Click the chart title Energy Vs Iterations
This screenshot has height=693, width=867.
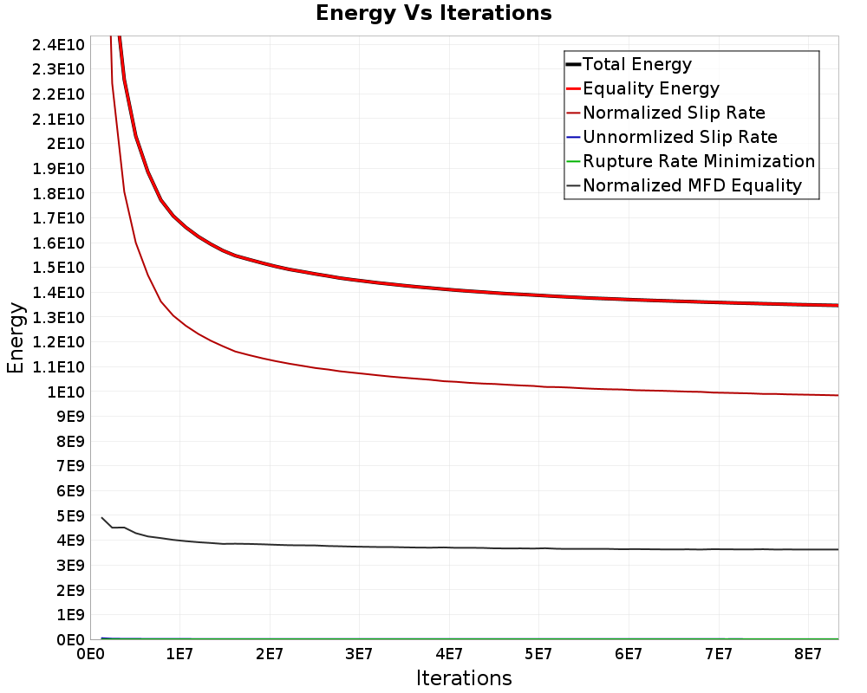433,13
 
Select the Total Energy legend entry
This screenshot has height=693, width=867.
636,64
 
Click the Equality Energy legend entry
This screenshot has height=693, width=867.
650,88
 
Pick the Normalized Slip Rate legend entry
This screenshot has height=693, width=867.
674,113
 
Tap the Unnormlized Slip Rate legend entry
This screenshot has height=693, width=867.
680,137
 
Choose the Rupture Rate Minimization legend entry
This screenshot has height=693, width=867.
698,161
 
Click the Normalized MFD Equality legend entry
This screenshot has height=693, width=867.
692,185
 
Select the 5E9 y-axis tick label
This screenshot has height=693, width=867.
69,516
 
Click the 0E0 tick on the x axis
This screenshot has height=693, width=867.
90,651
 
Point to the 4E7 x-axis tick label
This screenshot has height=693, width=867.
448,651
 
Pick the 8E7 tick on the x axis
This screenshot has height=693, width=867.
807,651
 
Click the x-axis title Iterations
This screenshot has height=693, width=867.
464,677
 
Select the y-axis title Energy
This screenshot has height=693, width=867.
16,338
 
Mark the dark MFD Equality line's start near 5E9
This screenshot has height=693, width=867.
102,518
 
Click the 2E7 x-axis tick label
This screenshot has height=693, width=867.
269,651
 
